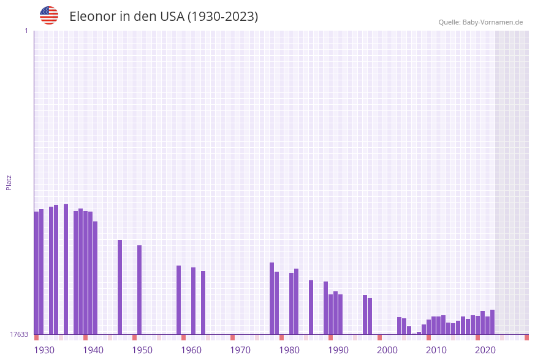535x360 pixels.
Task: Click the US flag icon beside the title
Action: pyautogui.click(x=49, y=15)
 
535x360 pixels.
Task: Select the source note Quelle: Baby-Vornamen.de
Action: pyautogui.click(x=480, y=22)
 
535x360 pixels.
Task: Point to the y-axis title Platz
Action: pyautogui.click(x=9, y=182)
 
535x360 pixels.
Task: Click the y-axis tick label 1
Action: pyautogui.click(x=26, y=31)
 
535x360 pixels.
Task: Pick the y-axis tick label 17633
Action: pyautogui.click(x=19, y=334)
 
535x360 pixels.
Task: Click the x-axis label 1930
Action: pyautogui.click(x=44, y=350)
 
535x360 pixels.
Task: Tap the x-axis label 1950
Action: pyautogui.click(x=142, y=350)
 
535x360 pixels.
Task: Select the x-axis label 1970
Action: pyautogui.click(x=240, y=350)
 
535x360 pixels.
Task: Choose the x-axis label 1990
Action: pyautogui.click(x=338, y=350)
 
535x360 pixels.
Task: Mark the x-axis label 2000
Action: pyautogui.click(x=387, y=350)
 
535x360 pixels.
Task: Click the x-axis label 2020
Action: pyautogui.click(x=485, y=350)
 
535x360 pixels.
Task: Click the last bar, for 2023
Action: pyautogui.click(x=492, y=322)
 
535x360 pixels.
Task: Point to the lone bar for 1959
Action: pyautogui.click(x=179, y=300)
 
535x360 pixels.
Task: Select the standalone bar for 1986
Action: pyautogui.click(x=311, y=307)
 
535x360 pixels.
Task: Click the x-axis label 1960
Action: pyautogui.click(x=191, y=350)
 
